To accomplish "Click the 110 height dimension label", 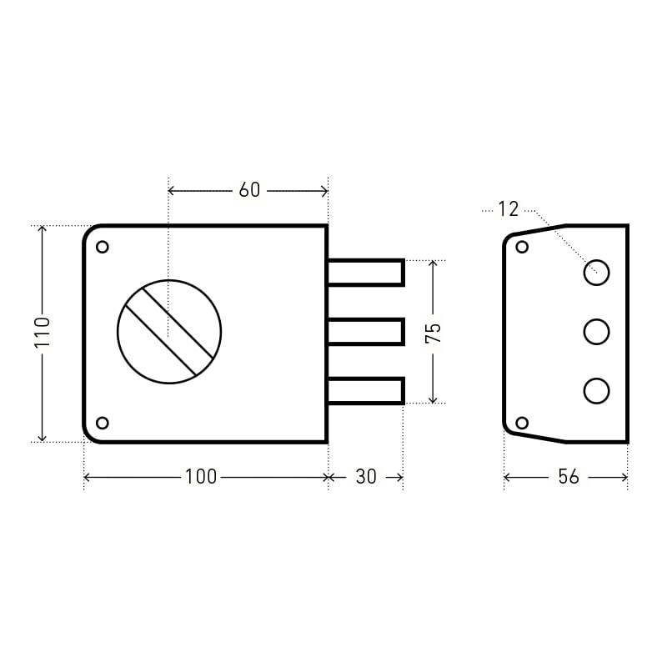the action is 43,332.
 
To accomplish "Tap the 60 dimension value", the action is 249,190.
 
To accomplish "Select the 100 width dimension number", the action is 201,476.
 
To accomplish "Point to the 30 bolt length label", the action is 366,477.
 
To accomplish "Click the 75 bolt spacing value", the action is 434,333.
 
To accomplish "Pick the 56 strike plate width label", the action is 569,477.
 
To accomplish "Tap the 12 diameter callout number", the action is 509,209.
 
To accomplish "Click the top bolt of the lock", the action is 366,273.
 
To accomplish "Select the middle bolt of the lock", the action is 366,332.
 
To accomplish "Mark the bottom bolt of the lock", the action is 366,391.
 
